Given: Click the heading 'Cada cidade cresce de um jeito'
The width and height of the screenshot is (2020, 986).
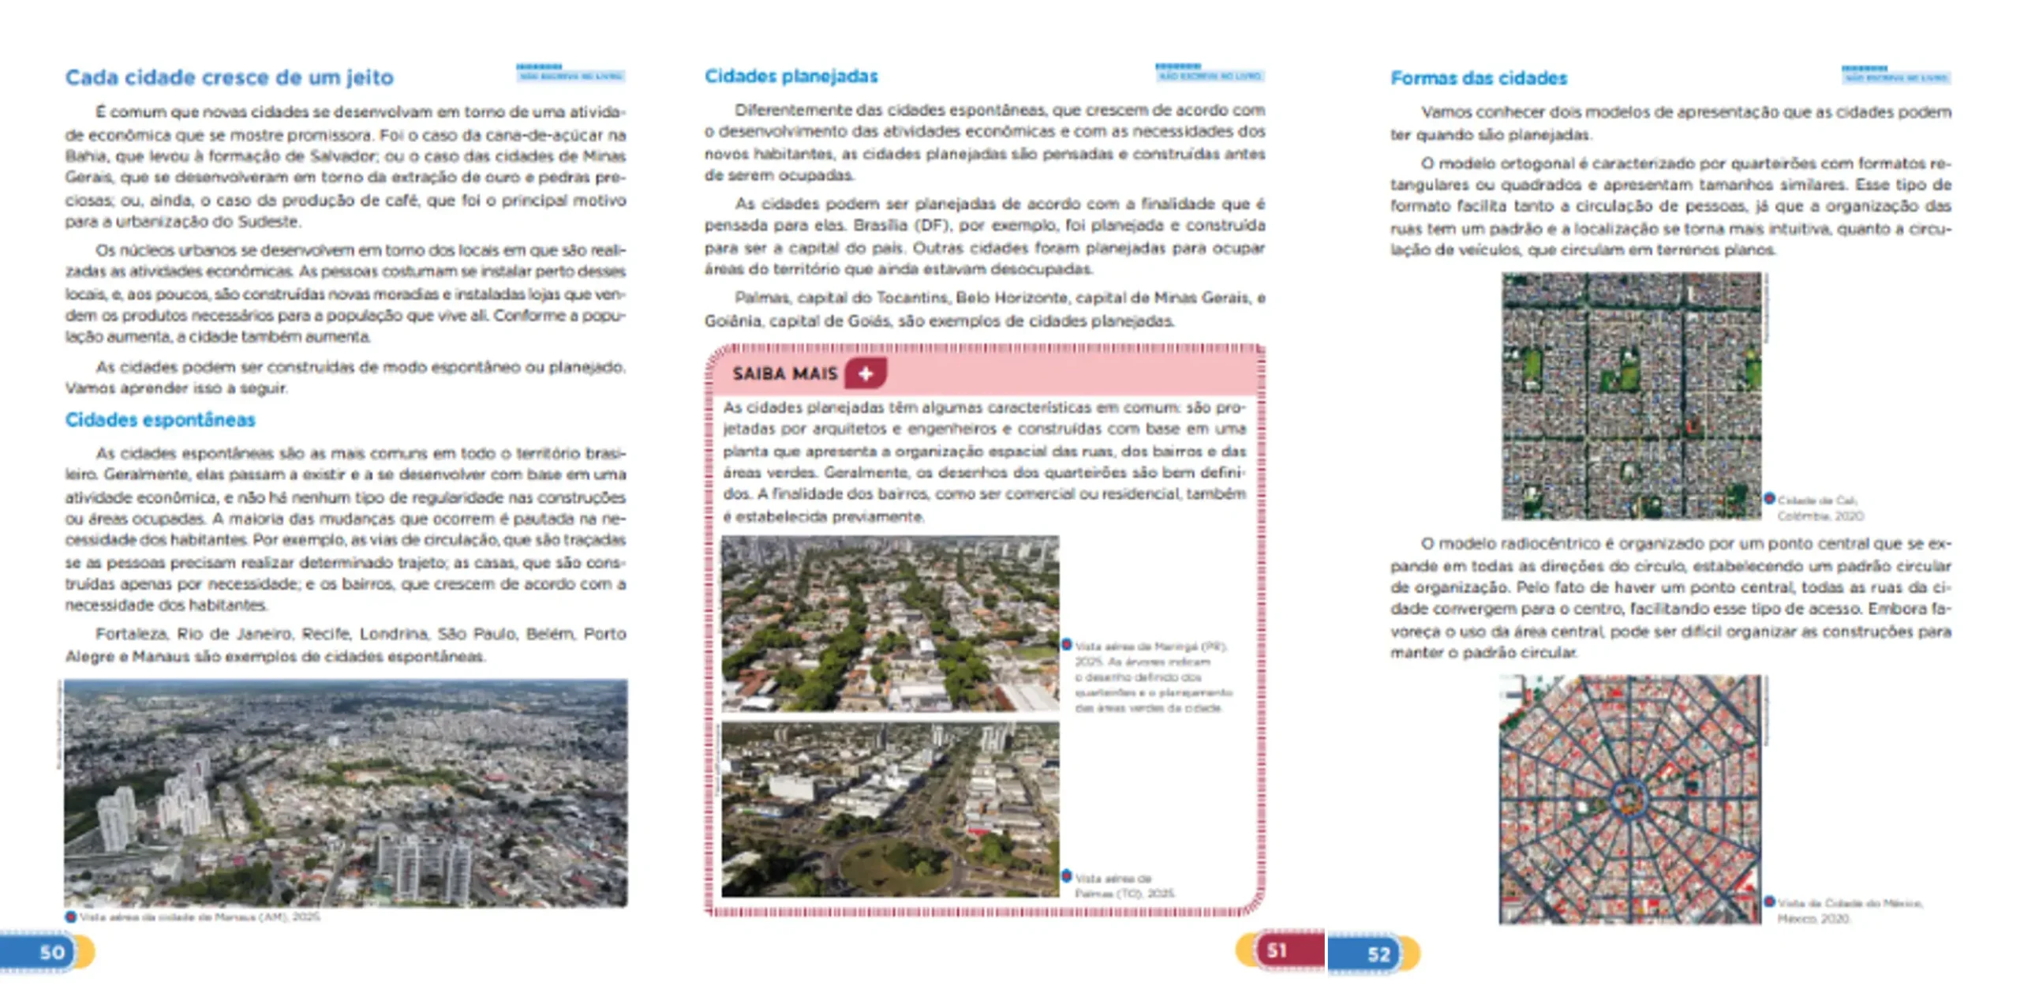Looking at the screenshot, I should click(229, 77).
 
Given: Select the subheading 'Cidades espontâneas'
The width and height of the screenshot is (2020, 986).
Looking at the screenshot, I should click(160, 420).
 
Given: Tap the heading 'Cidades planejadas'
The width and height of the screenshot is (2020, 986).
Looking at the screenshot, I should click(791, 77).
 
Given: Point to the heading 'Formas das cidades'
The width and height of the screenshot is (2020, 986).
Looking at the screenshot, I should click(1479, 78).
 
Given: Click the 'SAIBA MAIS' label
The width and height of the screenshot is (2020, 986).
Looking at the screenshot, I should click(784, 373).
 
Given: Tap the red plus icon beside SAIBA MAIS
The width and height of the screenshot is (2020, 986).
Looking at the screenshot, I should click(866, 373).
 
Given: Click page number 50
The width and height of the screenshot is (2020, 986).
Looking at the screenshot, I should click(52, 952).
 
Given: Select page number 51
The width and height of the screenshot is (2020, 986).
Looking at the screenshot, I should click(1277, 950).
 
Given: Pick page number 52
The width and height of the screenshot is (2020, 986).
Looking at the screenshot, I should click(1378, 954).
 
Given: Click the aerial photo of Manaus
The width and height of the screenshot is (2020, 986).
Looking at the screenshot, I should click(346, 793).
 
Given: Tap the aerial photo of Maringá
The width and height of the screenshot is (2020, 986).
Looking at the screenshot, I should click(890, 623).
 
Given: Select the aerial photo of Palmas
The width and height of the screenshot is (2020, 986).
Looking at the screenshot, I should click(890, 809).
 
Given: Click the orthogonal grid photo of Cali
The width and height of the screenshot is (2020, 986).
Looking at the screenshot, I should click(1631, 396).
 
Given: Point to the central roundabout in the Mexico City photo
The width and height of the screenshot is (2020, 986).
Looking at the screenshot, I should click(1628, 798).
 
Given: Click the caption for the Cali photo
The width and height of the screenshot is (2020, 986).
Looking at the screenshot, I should click(1819, 508).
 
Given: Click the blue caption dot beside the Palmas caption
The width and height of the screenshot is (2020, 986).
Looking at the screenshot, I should click(1067, 875).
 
